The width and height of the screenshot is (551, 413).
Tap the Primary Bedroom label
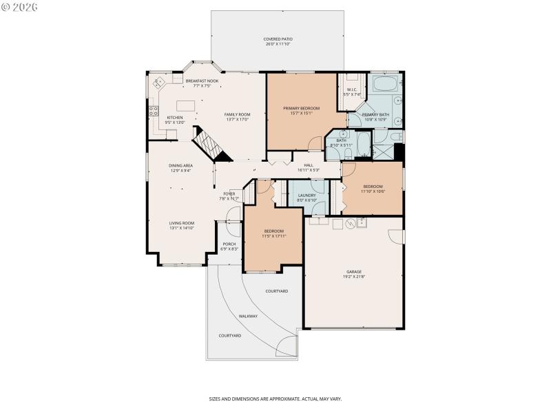(x=301, y=108)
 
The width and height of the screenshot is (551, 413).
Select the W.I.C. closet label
(x=352, y=89)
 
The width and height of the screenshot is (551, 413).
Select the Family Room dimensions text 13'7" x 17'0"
(x=236, y=120)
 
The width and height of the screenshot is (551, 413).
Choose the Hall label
(x=309, y=165)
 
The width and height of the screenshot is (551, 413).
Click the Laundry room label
(x=307, y=195)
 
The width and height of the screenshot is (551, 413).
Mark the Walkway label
(x=248, y=316)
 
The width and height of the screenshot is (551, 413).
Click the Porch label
(x=229, y=244)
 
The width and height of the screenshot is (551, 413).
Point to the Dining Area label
(x=180, y=165)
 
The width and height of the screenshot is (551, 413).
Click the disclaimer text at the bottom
(x=275, y=399)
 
